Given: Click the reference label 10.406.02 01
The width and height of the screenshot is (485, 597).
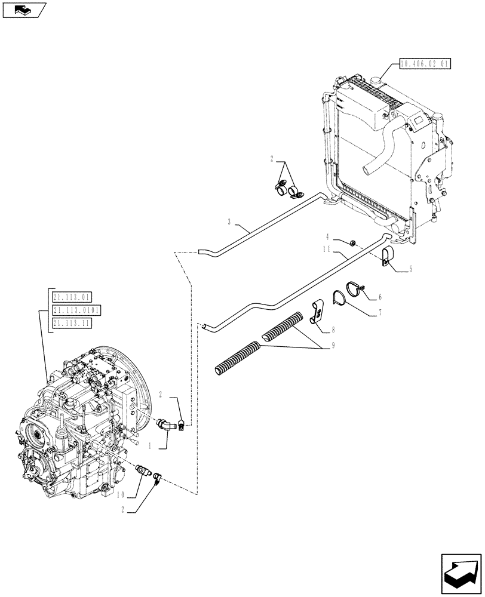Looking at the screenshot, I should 424,63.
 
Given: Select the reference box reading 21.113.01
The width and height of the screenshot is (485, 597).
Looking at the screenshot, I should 72,296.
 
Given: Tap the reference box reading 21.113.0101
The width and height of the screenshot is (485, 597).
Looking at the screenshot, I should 76,310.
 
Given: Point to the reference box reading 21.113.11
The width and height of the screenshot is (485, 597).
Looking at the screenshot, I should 72,324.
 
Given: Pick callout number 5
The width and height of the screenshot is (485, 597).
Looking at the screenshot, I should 410,270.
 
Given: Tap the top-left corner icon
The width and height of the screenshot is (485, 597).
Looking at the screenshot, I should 23,9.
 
